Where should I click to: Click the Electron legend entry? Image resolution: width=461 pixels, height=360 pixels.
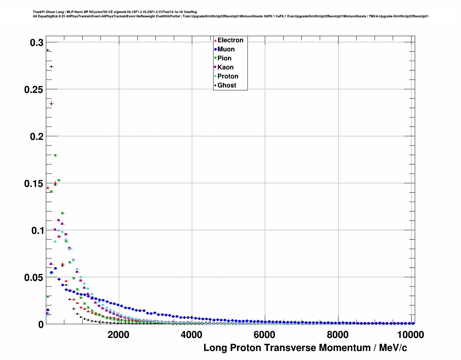coord(230,40)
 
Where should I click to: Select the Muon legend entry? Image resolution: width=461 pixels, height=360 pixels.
coord(226,49)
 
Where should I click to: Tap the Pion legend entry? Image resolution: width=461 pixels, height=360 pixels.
coord(224,58)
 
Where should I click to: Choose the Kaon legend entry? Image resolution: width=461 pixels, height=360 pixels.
coord(225,67)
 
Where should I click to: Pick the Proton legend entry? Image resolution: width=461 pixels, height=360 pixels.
coord(228,76)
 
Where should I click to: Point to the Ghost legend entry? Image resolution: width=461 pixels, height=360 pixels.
coord(227,85)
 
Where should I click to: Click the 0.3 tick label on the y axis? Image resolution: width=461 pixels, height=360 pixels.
coord(36,43)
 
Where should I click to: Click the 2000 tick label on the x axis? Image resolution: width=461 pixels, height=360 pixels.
coord(118,335)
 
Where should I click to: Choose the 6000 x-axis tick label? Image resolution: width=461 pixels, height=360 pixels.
coord(264,335)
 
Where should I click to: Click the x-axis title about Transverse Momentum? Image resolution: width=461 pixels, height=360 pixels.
coord(305,348)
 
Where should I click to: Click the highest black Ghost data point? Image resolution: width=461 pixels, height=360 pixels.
coord(47,50)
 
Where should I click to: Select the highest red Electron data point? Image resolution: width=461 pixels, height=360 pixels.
coord(51,104)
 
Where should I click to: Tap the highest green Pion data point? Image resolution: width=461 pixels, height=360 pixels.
coord(55,156)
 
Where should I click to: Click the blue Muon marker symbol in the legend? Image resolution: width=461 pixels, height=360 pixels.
coord(215,49)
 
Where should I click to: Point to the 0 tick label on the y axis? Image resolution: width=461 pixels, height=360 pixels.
coord(41,325)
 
